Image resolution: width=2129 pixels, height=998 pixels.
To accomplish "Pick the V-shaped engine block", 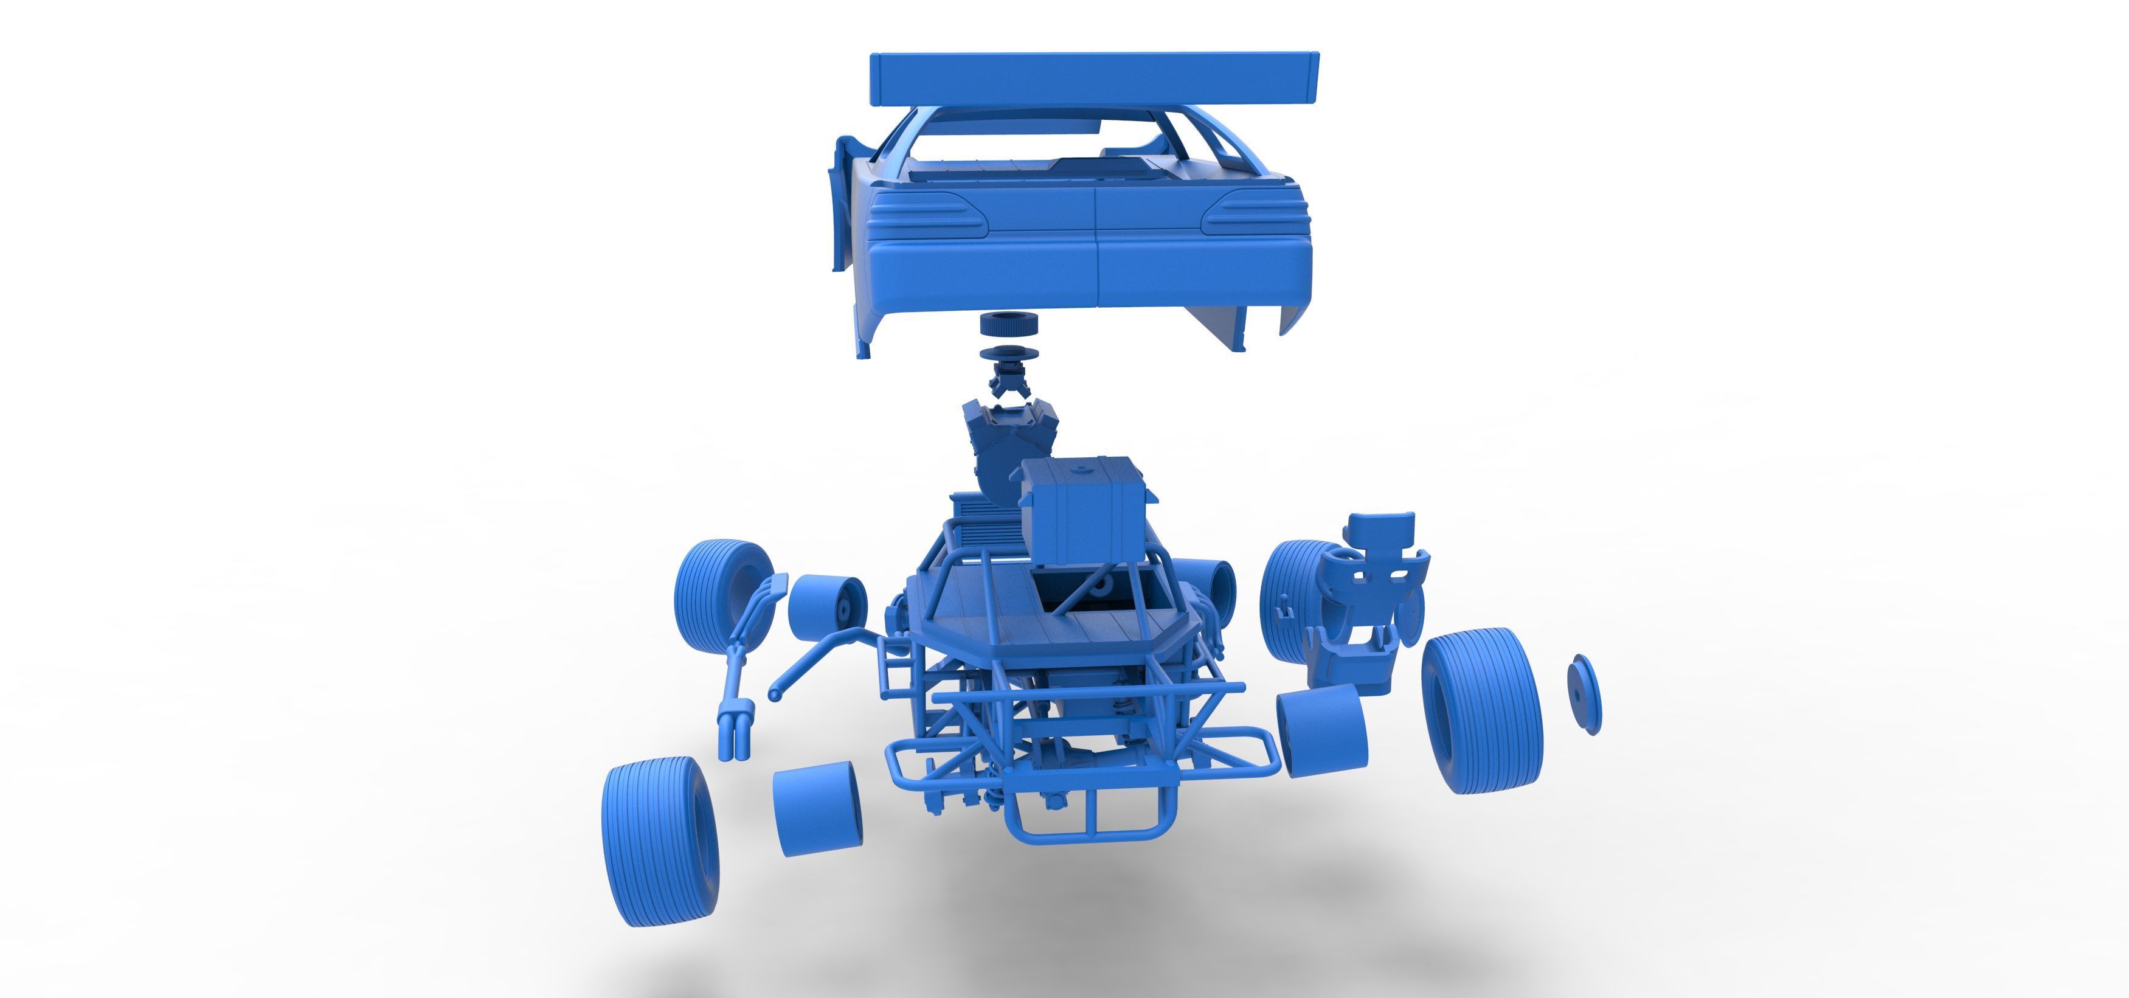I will pyautogui.click(x=996, y=451).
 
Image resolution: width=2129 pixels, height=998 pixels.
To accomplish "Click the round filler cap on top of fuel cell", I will pyautogui.click(x=1078, y=470).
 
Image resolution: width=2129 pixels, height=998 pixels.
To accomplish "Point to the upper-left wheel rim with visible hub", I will pyautogui.click(x=827, y=608).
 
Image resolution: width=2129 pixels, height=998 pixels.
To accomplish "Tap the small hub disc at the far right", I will pyautogui.click(x=1584, y=693).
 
